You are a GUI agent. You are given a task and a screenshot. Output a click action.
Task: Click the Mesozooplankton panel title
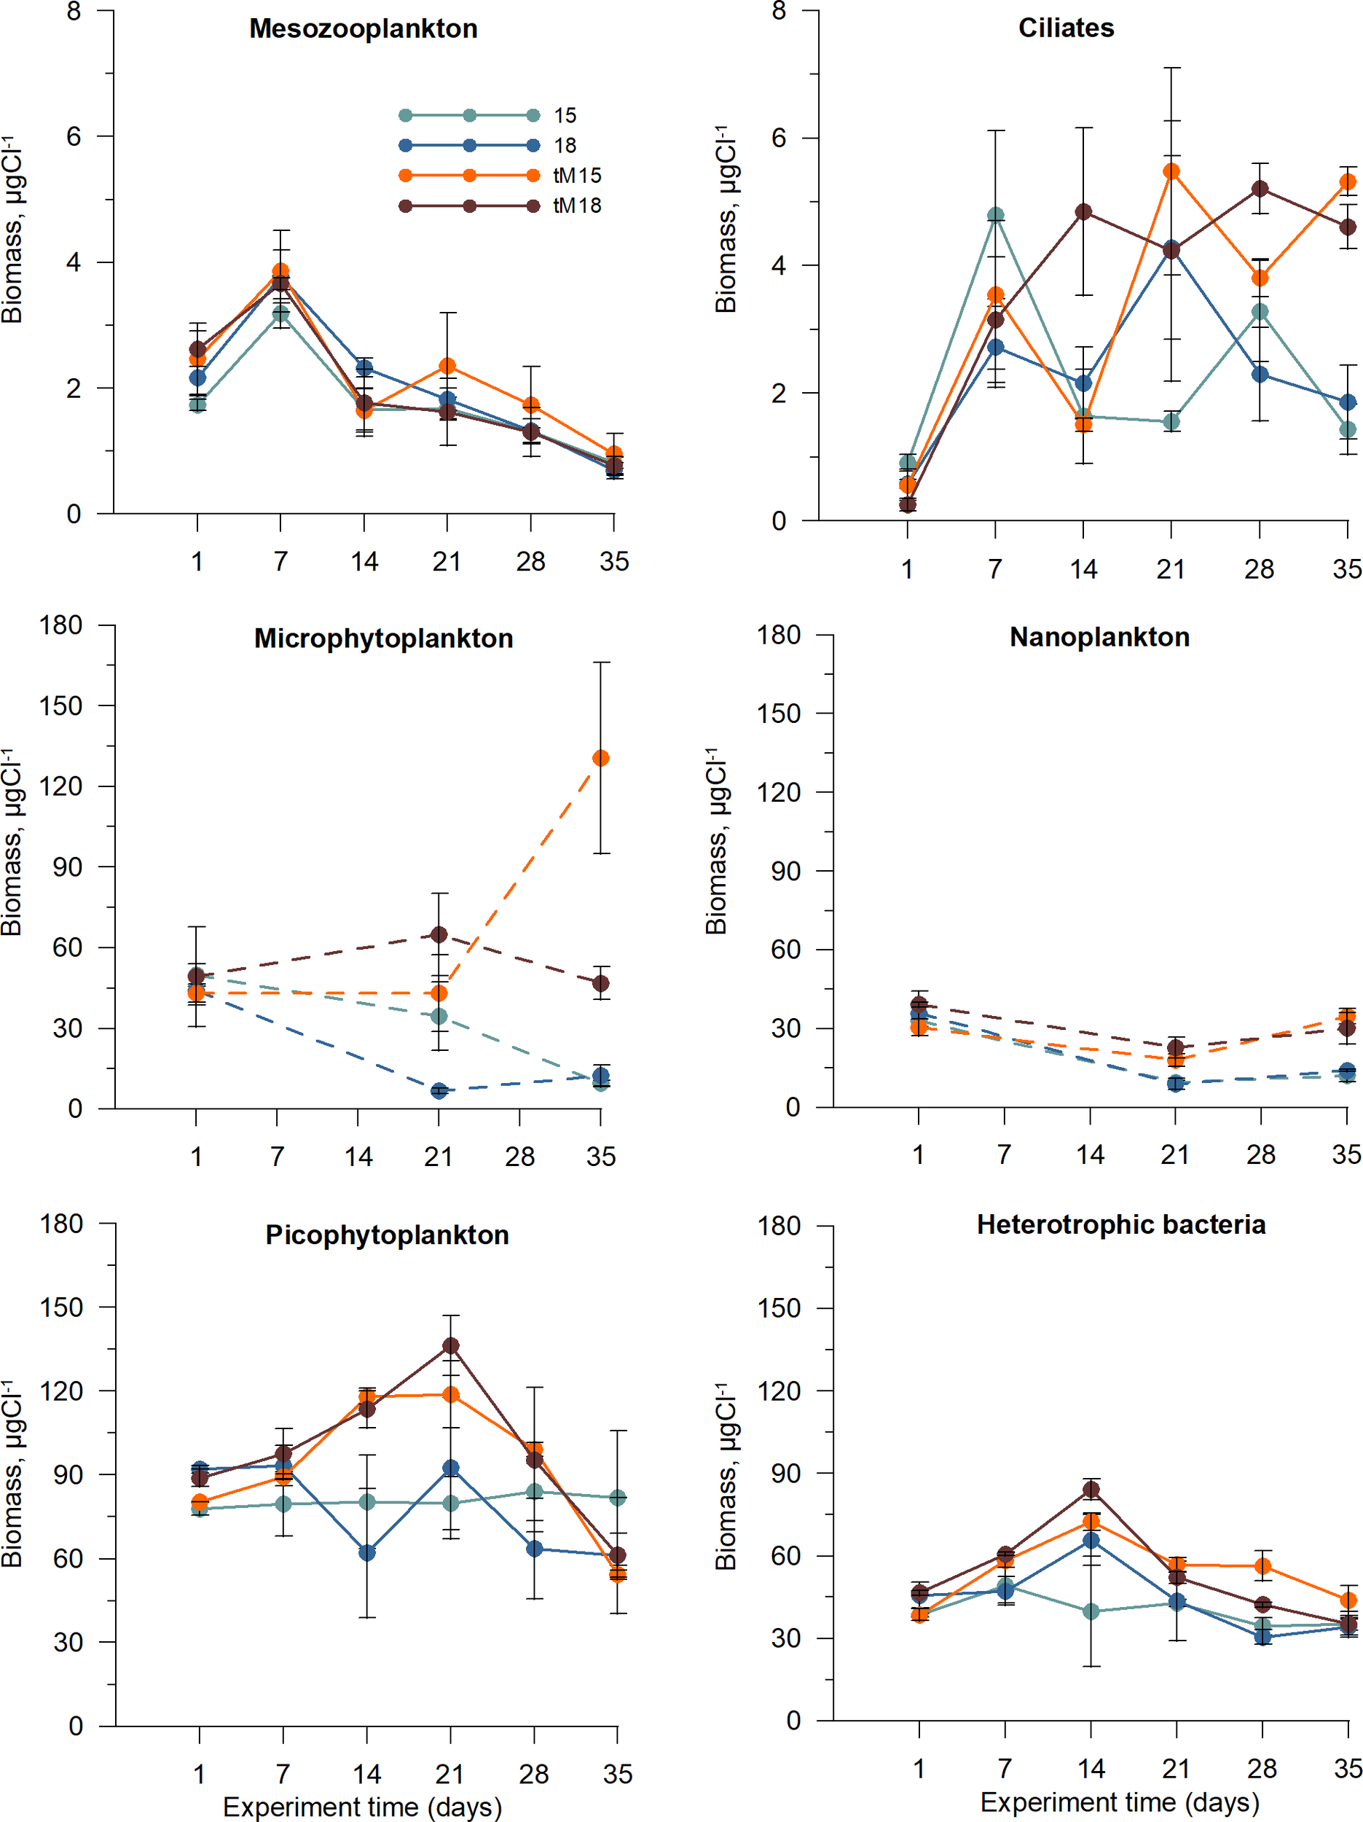[364, 29]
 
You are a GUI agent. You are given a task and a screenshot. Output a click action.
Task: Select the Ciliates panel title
[1066, 28]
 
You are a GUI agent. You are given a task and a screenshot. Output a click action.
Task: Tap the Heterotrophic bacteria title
[1121, 1225]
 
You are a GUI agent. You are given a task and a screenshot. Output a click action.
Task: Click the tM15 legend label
[577, 176]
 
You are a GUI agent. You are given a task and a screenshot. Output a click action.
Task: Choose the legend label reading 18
[565, 146]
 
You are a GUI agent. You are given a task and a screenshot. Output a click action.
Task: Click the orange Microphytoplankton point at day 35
[601, 758]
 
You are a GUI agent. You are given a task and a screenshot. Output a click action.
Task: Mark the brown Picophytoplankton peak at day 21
[450, 1346]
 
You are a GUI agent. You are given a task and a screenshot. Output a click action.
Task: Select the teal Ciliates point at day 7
[996, 216]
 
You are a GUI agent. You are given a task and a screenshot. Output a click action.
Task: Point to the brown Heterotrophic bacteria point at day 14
[1091, 1489]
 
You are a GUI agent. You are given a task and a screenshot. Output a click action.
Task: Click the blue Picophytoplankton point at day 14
[367, 1552]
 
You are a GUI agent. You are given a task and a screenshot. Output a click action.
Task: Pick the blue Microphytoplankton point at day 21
[439, 1090]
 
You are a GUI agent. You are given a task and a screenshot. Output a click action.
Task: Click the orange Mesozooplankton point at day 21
[447, 366]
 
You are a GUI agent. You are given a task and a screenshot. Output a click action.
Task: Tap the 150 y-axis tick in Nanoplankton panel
[778, 713]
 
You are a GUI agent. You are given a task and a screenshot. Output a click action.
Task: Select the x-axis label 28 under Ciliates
[1258, 568]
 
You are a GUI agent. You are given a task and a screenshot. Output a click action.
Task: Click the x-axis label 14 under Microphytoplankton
[358, 1157]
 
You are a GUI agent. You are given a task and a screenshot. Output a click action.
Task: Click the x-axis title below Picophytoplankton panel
[362, 1807]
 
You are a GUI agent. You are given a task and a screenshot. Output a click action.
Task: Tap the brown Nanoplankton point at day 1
[919, 1005]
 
